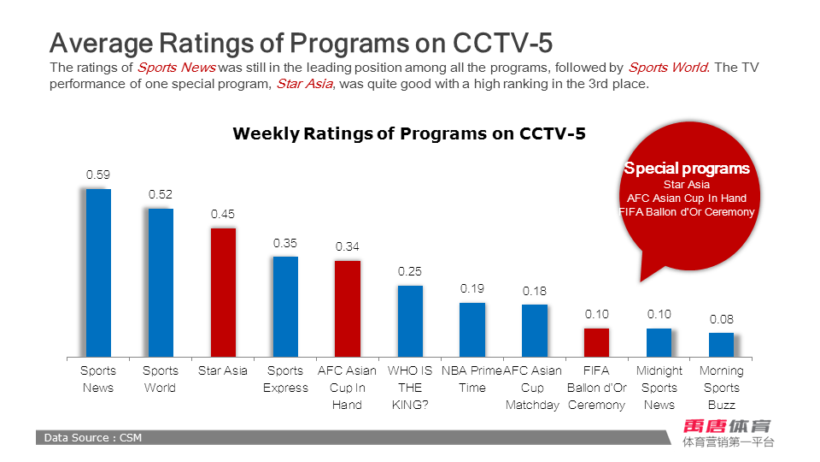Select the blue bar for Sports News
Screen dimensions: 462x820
coord(98,272)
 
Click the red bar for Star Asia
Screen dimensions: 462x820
coord(223,292)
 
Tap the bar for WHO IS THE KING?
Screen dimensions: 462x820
coord(410,321)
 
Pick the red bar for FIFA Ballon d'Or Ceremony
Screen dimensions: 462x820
coord(596,342)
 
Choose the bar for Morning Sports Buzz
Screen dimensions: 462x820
coord(721,345)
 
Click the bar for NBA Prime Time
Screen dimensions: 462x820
coord(472,329)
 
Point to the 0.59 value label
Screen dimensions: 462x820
coord(98,175)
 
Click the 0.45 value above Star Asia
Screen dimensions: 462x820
coord(223,214)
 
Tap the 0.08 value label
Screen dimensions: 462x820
coord(721,319)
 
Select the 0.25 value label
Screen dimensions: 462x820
coord(410,271)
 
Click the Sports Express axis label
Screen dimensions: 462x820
coord(285,379)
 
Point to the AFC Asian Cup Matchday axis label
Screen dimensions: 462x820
coord(533,388)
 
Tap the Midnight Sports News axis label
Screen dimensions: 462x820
coord(659,388)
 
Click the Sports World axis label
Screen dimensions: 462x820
coord(161,379)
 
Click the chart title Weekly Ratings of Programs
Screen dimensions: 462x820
coord(409,133)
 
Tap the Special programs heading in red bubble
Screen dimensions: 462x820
coord(687,169)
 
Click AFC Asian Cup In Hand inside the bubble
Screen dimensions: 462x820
coord(687,198)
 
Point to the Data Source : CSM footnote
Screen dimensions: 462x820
coord(93,438)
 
